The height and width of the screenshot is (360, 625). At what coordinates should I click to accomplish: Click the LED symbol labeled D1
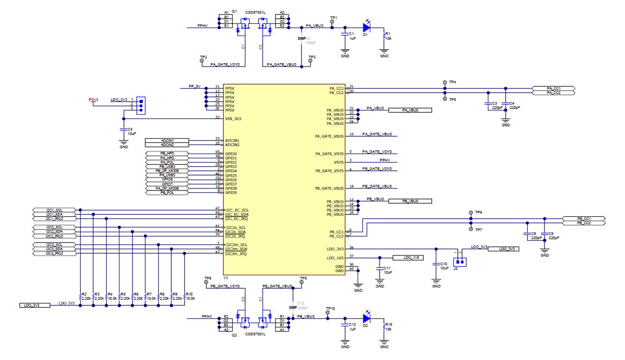tap(366, 27)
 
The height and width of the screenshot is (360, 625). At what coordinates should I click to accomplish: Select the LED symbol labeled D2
tap(366, 318)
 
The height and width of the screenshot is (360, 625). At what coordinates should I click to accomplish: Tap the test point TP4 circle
tap(445, 82)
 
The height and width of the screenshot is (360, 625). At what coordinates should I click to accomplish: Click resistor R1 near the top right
tap(384, 36)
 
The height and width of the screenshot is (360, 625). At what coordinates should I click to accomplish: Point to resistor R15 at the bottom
tap(384, 327)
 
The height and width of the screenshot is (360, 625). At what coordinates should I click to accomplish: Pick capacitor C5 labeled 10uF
tap(124, 131)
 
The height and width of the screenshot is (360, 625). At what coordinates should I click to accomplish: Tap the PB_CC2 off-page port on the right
tap(583, 223)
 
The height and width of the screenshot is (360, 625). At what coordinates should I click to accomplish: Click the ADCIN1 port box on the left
tap(167, 140)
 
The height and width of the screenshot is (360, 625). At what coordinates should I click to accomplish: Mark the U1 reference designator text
tap(226, 278)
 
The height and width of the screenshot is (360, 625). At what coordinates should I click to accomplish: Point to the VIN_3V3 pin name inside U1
tap(233, 119)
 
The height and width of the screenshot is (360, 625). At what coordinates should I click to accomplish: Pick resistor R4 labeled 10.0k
tap(107, 297)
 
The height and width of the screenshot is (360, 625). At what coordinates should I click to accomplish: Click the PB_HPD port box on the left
tap(167, 154)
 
